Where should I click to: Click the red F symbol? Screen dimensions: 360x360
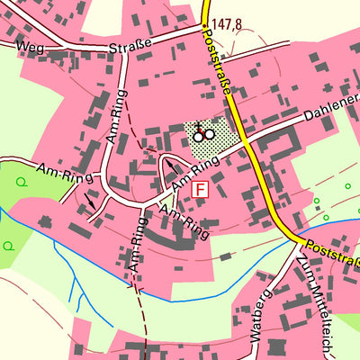point(200,190)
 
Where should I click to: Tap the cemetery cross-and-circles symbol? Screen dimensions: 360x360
point(203,133)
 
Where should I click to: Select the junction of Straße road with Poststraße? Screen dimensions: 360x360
point(204,28)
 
